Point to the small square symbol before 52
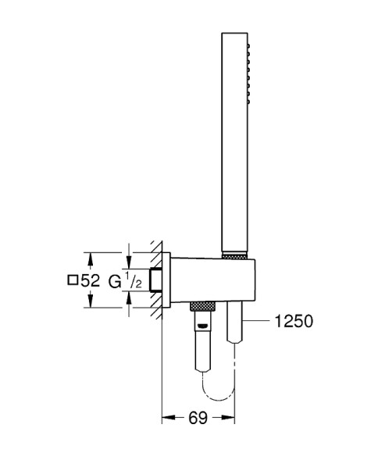pos(73,280)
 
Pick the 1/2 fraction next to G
pos(134,280)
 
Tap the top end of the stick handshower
pos(234,36)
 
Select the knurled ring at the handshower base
pos(234,255)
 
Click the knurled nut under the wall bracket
pos(201,305)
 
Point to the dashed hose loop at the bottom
pos(218,388)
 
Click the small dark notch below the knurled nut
pos(201,314)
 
